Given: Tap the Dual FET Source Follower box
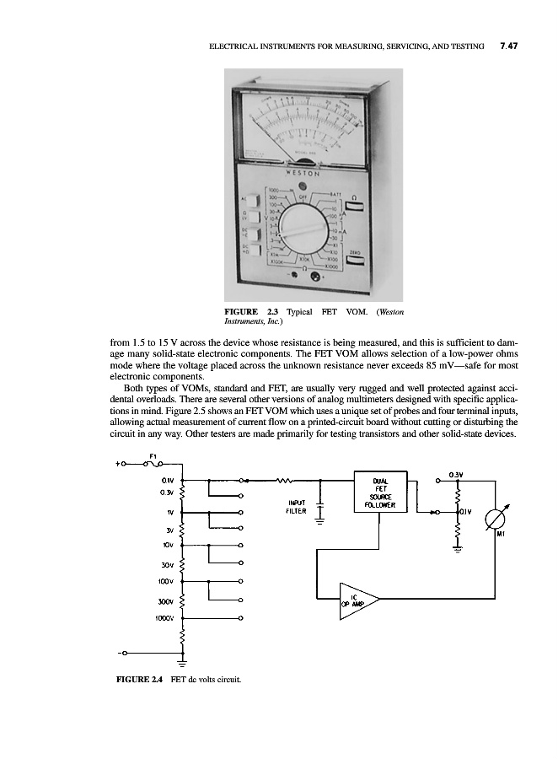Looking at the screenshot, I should click(x=379, y=492).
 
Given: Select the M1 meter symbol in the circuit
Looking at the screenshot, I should click(x=494, y=517).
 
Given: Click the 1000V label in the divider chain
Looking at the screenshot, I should click(x=163, y=618).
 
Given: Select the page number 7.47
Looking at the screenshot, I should click(x=507, y=46).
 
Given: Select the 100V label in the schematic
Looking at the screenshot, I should click(x=165, y=582).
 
